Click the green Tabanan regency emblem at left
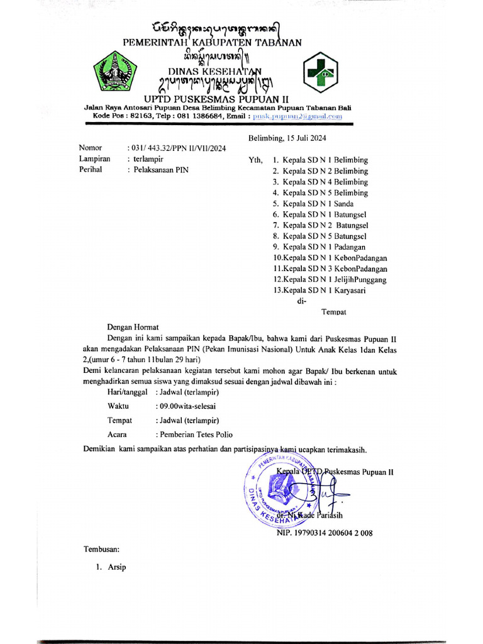pyautogui.click(x=114, y=73)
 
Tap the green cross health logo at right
pyautogui.click(x=321, y=73)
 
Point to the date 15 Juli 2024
pyautogui.click(x=287, y=138)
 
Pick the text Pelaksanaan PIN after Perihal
pyautogui.click(x=160, y=170)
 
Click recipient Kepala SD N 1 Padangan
pyautogui.click(x=323, y=247)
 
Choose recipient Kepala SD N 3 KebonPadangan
pyautogui.click(x=330, y=269)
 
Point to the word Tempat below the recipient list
pyautogui.click(x=334, y=311)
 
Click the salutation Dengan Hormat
pyautogui.click(x=133, y=326)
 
